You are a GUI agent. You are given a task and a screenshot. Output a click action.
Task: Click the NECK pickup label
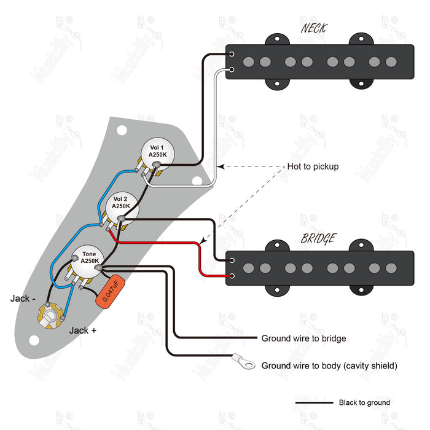[x=314, y=29]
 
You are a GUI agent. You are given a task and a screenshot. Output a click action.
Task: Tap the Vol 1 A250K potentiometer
[x=157, y=152]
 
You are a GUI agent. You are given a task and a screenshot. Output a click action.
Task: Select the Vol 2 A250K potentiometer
[x=120, y=203]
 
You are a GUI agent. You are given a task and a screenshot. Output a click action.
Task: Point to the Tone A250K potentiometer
[x=89, y=257]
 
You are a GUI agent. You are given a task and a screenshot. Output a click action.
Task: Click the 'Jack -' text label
[x=23, y=299]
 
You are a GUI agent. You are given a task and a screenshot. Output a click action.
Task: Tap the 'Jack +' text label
[x=82, y=330]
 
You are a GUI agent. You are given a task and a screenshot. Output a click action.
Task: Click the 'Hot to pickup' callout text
[x=313, y=166]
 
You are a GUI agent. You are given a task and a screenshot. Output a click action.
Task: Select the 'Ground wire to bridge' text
[x=303, y=338]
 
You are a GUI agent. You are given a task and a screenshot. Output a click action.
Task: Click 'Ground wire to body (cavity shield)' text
[x=329, y=365]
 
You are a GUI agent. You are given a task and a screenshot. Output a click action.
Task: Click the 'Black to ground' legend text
[x=364, y=403]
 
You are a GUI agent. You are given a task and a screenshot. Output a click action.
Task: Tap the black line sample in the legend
[x=313, y=403]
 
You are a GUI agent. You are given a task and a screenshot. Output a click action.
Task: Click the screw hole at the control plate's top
[x=122, y=130]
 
